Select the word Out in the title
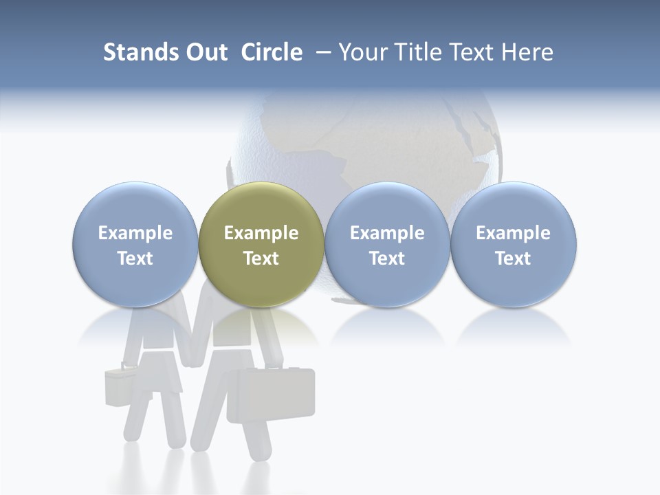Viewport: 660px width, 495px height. [206, 52]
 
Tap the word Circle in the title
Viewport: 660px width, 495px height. [272, 52]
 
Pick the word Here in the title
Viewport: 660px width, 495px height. [527, 52]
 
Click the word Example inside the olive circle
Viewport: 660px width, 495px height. [261, 233]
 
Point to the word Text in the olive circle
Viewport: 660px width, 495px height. [261, 258]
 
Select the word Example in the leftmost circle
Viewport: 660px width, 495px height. [135, 233]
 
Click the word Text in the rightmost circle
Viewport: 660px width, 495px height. [514, 258]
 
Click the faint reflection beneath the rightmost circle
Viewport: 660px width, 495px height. [514, 327]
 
